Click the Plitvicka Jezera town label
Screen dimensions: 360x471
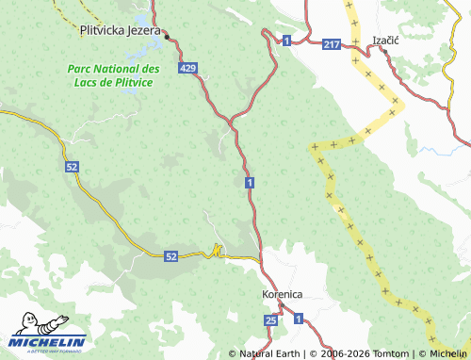coord(118,29)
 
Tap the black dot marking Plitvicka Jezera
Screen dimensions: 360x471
coord(166,38)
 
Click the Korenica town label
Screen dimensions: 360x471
coord(282,294)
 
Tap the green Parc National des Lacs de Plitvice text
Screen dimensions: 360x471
coord(113,75)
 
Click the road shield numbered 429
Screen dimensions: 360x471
coord(187,68)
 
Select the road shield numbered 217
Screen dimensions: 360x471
coord(330,44)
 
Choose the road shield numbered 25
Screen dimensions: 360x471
coord(271,321)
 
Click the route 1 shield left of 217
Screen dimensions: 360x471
coord(285,39)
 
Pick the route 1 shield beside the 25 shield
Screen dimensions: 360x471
coord(298,321)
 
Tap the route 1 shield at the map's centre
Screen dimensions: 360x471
coord(248,181)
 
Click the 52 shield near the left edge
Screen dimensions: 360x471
coord(72,166)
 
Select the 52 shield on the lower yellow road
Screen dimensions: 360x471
coord(171,255)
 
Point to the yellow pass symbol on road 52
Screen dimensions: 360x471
coord(218,251)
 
